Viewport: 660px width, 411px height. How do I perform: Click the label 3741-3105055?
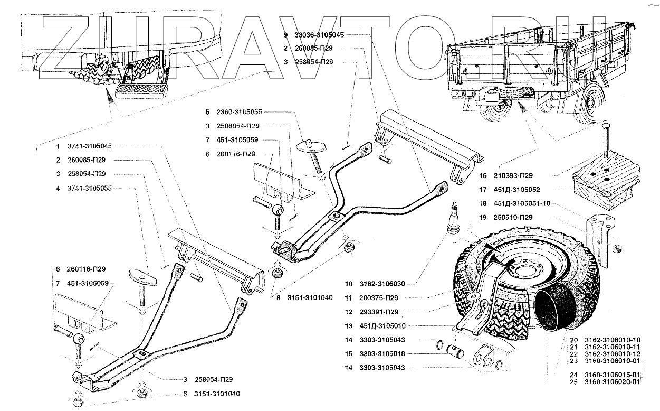(x=90, y=188)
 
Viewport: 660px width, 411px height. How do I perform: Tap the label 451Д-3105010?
(x=382, y=326)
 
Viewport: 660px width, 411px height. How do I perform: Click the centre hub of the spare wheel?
(x=523, y=271)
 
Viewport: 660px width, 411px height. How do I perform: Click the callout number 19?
(x=482, y=217)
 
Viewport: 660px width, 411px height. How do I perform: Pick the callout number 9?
(x=285, y=35)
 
